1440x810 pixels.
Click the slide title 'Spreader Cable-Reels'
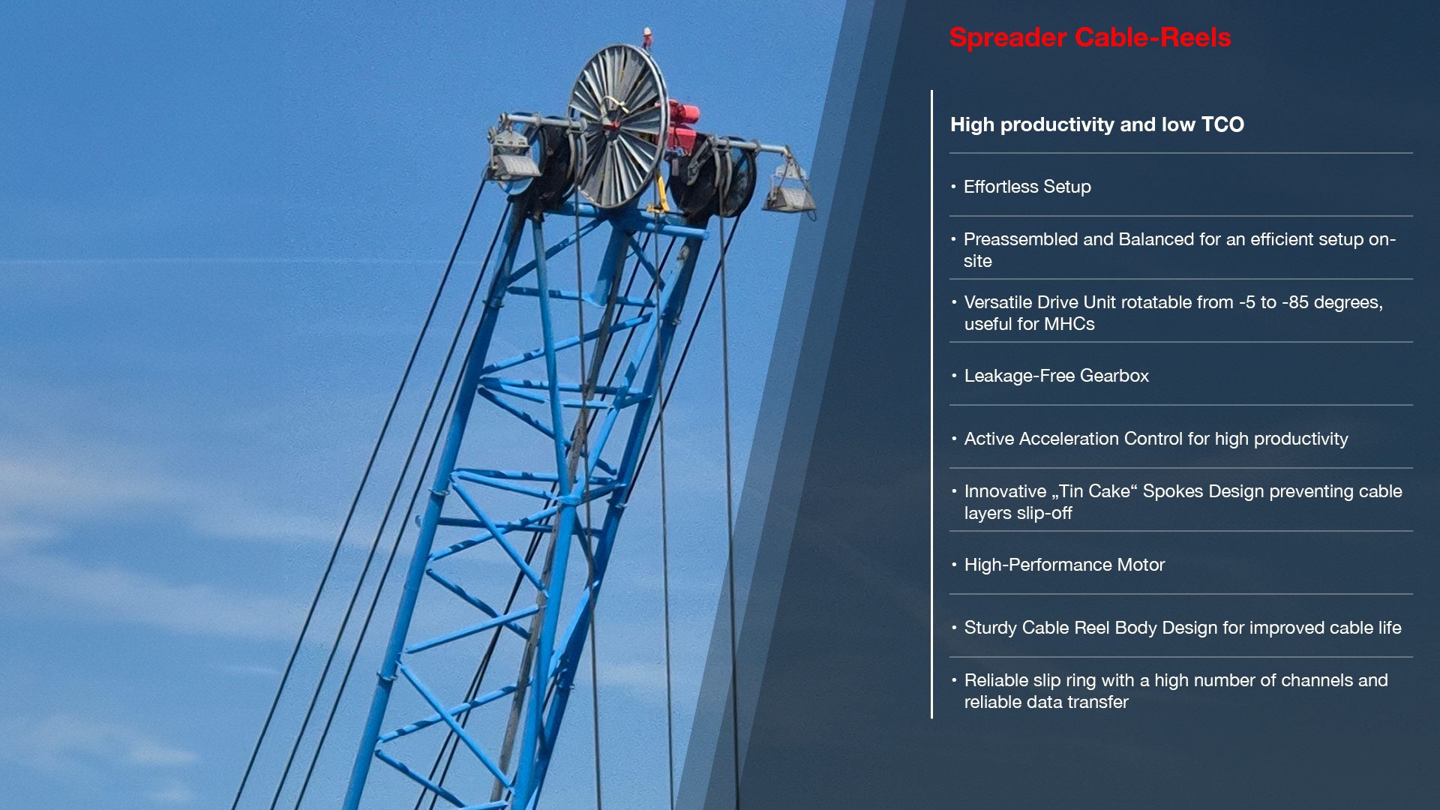point(1090,37)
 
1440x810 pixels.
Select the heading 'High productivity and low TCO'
point(1096,124)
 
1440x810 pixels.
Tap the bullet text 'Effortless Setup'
point(1027,187)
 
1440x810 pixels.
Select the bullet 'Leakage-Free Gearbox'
point(1056,376)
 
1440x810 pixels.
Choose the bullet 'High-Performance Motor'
point(1064,565)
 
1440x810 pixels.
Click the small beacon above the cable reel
point(646,36)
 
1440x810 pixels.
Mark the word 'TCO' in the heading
point(1222,124)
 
